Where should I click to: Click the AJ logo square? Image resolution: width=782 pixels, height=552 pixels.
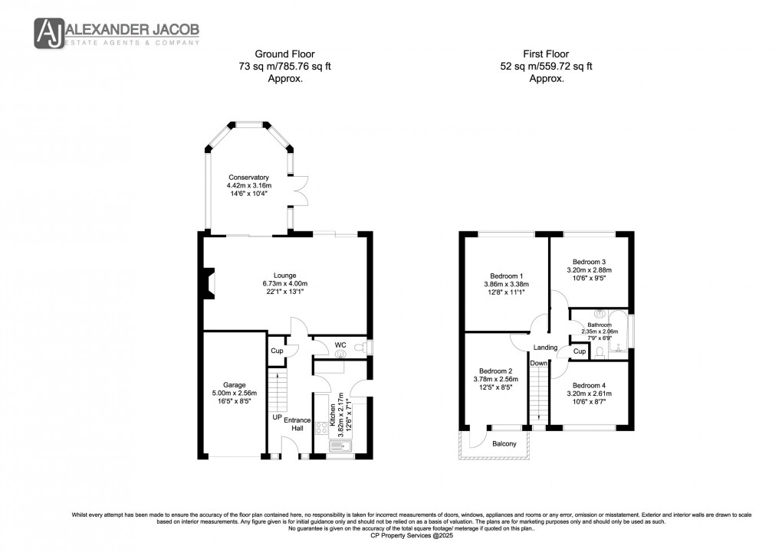49,33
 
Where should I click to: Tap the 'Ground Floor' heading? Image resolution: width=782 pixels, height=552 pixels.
266,54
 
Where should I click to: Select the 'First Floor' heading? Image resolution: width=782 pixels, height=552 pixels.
545,54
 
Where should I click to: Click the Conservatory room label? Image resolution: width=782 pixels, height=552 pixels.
243,177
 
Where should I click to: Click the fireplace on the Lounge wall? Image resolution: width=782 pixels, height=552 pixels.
209,283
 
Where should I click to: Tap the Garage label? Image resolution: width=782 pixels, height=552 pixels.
234,384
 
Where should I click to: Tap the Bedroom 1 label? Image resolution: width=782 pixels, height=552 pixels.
506,276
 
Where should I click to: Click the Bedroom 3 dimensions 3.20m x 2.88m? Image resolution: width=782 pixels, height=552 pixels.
589,269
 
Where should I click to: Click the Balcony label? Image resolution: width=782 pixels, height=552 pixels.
504,444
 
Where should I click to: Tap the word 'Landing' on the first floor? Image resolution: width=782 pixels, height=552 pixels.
545,347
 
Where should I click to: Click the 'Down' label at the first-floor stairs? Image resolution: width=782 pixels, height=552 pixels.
539,363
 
